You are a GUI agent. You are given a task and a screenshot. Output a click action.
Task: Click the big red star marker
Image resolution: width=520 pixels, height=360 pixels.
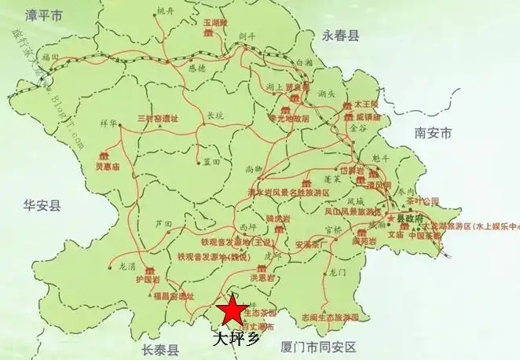[232, 310]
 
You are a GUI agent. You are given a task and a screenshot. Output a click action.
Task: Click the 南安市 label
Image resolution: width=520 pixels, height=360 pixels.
[433, 134]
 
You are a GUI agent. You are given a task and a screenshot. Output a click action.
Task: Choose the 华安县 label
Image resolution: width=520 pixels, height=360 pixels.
[42, 205]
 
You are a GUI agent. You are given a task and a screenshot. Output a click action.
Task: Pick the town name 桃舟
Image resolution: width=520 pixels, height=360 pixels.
[164, 10]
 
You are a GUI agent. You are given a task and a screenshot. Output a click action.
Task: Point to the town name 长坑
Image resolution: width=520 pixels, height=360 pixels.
[214, 115]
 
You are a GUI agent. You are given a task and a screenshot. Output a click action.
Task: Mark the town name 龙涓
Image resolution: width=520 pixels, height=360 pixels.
[127, 266]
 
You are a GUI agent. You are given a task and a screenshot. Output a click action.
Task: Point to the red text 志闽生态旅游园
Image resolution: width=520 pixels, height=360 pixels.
[330, 318]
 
